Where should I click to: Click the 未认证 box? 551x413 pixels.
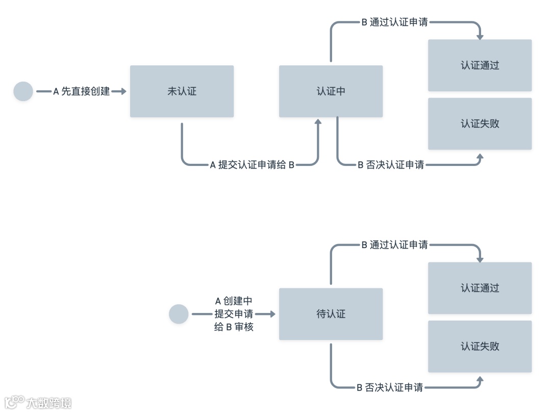[182, 91]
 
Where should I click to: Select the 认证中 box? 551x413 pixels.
[331, 91]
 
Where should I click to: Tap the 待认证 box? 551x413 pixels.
[331, 314]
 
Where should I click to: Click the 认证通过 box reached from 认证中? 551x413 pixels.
[480, 65]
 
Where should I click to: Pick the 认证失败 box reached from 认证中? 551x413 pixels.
[480, 124]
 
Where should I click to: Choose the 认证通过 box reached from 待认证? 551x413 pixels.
[480, 288]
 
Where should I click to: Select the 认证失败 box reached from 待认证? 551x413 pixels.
[480, 346]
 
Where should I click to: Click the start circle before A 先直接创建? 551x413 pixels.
[23, 91]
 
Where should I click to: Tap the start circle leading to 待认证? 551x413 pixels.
[179, 314]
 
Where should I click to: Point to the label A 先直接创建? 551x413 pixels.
[82, 91]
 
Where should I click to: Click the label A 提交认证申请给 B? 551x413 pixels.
[253, 165]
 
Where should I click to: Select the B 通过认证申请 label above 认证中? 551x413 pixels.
[394, 22]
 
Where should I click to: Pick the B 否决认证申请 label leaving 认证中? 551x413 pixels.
[391, 165]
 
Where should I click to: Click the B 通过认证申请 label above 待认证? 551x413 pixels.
[394, 245]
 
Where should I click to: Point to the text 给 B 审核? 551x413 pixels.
[234, 327]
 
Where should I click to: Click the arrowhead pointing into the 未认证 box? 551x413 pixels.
[122, 91]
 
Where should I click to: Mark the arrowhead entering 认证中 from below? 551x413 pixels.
[318, 122]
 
